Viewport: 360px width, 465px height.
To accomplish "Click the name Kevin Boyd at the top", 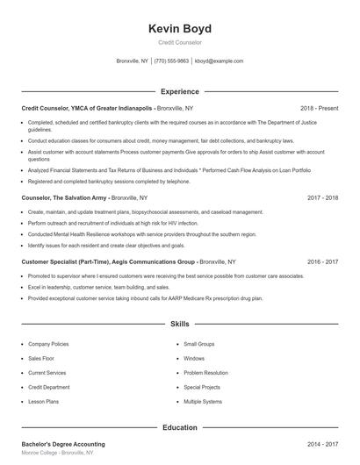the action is pyautogui.click(x=180, y=29).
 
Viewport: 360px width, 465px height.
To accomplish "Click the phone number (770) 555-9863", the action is pyautogui.click(x=171, y=61).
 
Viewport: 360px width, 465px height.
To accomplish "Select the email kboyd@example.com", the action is pyautogui.click(x=219, y=61).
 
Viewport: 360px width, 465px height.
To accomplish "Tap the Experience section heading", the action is pyautogui.click(x=180, y=91).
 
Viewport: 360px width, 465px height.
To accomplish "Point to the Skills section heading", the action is pyautogui.click(x=180, y=324).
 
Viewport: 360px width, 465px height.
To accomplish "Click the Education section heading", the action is pyautogui.click(x=180, y=427).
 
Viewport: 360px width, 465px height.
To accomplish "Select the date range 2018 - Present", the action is pyautogui.click(x=319, y=107).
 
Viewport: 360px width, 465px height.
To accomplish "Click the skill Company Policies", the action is pyautogui.click(x=48, y=345).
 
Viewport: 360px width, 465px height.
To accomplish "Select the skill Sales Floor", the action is pyautogui.click(x=41, y=359).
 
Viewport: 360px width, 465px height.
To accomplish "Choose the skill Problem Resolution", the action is pyautogui.click(x=206, y=373).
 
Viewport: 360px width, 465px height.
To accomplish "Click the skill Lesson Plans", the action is pyautogui.click(x=43, y=401).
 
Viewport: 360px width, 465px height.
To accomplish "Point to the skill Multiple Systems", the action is pyautogui.click(x=203, y=401).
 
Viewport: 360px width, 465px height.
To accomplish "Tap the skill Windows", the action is pyautogui.click(x=194, y=359).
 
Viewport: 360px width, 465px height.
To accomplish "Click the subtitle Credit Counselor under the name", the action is pyautogui.click(x=180, y=43).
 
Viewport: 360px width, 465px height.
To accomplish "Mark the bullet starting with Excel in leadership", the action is pyautogui.click(x=98, y=287).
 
